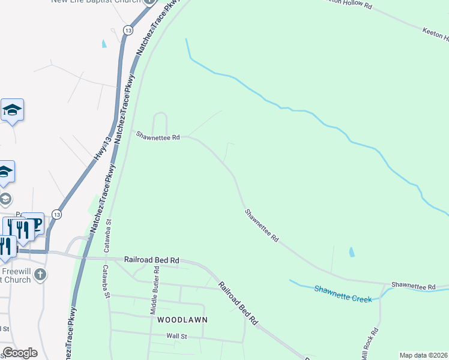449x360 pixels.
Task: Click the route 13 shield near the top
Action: tap(128, 29)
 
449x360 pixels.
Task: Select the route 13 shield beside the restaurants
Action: tap(56, 214)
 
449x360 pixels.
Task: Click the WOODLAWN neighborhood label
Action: tap(182, 320)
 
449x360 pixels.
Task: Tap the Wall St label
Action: tap(177, 337)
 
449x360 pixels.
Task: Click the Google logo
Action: tap(20, 353)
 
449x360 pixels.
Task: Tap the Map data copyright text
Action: tap(424, 355)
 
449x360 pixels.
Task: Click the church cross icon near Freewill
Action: tap(40, 275)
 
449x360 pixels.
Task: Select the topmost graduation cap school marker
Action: tap(12, 110)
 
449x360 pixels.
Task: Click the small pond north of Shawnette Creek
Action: tap(351, 253)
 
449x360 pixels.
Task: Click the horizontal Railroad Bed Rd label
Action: tap(152, 260)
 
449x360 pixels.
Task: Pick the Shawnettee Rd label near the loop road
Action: tap(158, 137)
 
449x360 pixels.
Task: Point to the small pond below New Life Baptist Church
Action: tap(104, 44)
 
